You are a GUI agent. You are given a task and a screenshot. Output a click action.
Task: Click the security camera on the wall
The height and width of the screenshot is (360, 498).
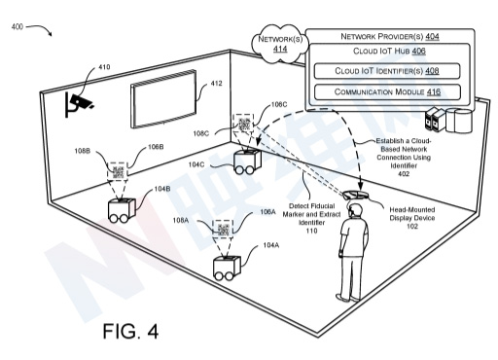(x=79, y=104)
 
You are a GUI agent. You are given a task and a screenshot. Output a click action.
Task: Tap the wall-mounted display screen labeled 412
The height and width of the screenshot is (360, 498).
(x=163, y=98)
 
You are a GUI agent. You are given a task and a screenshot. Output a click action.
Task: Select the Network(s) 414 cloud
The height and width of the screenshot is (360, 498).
(x=280, y=44)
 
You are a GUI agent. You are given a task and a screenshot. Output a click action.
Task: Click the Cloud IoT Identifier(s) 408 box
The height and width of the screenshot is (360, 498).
(x=387, y=71)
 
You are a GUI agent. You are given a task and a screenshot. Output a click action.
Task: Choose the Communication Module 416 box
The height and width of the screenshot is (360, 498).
(x=387, y=91)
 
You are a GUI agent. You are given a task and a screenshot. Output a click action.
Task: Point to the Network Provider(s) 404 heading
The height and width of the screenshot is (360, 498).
(x=390, y=36)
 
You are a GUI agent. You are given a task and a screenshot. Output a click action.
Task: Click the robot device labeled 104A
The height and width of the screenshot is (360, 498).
(x=227, y=268)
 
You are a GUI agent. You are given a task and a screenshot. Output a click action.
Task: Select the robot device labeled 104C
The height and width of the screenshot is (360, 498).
(x=247, y=162)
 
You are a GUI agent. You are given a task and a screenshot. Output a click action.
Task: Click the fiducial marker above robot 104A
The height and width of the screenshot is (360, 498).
(x=223, y=229)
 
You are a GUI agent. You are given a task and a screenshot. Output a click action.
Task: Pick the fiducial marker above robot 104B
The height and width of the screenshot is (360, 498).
(x=118, y=171)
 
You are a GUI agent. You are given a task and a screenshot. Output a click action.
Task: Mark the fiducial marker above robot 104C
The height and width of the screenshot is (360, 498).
(x=243, y=124)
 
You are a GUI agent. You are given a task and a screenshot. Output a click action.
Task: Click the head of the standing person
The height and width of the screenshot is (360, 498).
(x=355, y=210)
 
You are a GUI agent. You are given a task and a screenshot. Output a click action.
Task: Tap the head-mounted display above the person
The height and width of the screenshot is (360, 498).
(x=355, y=196)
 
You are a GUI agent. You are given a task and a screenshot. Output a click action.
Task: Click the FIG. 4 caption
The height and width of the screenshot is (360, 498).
(x=130, y=331)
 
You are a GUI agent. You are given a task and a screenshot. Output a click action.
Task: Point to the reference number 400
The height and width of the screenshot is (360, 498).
(x=18, y=26)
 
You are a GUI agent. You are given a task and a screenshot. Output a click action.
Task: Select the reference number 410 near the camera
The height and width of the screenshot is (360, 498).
(x=104, y=67)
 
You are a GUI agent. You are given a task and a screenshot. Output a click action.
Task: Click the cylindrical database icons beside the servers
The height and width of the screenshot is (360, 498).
(x=459, y=121)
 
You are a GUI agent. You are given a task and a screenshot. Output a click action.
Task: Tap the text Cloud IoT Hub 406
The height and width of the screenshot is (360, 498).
(x=389, y=51)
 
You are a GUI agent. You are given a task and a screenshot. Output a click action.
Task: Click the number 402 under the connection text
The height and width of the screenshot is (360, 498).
(x=404, y=174)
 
